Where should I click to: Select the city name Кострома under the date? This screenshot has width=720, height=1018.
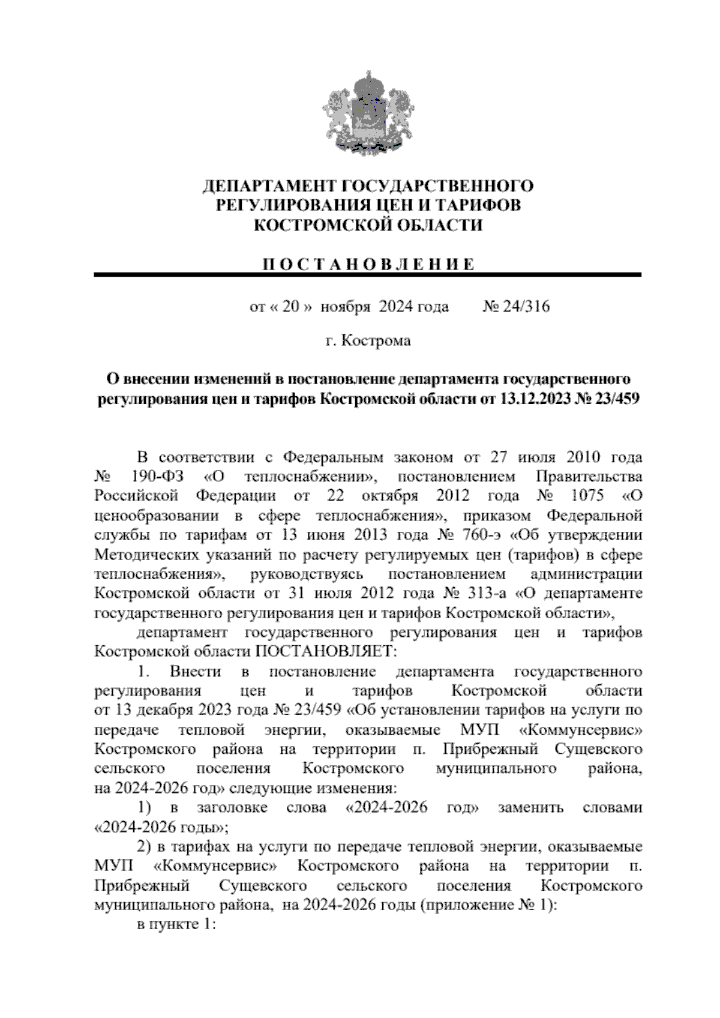pos(376,342)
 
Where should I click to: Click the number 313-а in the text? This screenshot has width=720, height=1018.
pos(486,594)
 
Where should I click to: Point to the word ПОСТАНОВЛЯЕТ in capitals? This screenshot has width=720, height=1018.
pos(327,652)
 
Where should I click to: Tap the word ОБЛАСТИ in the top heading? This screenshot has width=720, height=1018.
pos(442,225)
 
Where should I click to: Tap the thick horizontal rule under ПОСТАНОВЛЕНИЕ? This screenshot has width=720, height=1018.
pos(367,275)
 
